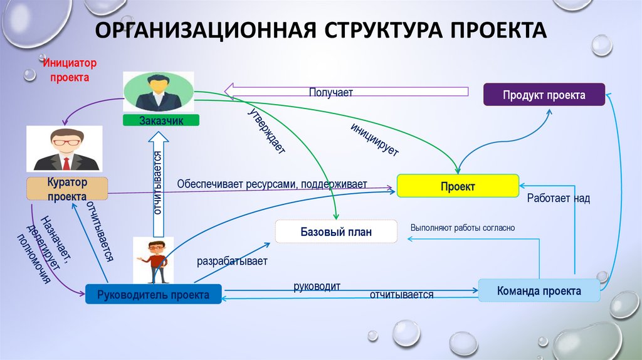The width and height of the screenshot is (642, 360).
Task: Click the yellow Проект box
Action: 457,187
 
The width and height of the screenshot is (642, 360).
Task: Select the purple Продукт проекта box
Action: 544,95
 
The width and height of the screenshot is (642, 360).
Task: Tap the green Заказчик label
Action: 161,121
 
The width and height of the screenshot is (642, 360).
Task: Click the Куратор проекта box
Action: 67,189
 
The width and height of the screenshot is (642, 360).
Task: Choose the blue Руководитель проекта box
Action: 153,294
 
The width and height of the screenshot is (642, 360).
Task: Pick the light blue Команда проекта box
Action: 539,291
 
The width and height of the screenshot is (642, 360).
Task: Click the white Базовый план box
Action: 336,232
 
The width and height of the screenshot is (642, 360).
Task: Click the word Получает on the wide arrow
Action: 330,92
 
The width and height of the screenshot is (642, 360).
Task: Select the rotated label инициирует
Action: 375,140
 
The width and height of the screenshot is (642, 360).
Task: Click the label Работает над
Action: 558,198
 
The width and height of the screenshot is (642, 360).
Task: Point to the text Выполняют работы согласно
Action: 462,228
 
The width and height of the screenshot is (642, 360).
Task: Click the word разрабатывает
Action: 232,261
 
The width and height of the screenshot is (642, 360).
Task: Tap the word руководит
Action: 317,286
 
